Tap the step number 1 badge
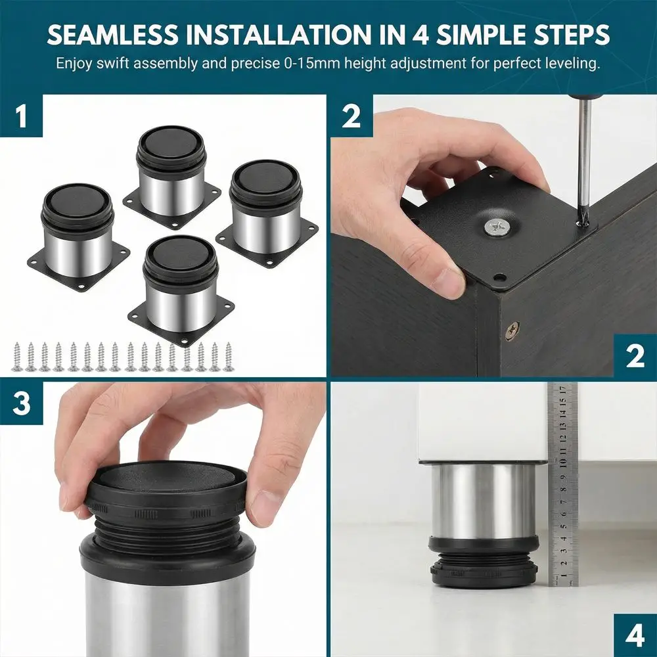click(22, 116)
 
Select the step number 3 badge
click(22, 403)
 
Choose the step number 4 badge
click(635, 635)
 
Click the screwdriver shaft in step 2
click(582, 159)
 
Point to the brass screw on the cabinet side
click(512, 329)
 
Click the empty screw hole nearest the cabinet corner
click(499, 277)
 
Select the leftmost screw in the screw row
click(18, 356)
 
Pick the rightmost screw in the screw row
click(229, 356)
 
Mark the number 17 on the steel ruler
click(564, 388)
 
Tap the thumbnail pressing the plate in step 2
click(452, 282)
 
